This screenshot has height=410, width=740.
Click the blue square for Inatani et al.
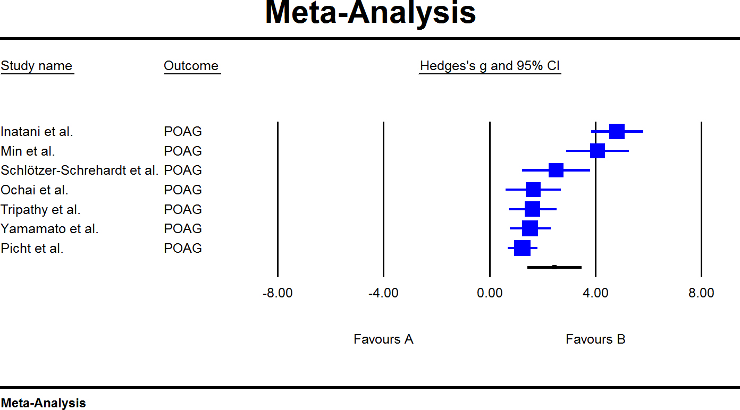pos(617,131)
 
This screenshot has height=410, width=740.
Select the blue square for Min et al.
pos(598,151)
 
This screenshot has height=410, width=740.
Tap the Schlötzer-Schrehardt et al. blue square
pos(556,170)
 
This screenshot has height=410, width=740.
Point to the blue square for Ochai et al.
pos(533,190)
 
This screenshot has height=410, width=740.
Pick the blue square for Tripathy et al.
pos(532,209)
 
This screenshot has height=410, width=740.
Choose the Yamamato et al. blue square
pos(530,228)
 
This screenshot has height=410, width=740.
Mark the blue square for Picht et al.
pos(523,248)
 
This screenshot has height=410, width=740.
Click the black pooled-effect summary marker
pos(554,267)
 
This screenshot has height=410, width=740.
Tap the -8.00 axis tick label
pos(277,293)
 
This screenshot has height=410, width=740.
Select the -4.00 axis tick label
pos(383,293)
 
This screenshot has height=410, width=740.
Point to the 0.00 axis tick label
pos(490,293)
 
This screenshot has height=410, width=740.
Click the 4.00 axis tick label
pos(595,293)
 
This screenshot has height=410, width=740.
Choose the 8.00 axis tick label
pos(701,293)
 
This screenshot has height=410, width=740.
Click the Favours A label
pos(383,339)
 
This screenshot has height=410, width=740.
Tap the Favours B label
pos(595,339)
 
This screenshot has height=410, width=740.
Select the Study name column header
pos(37,66)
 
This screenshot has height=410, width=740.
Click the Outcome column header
pos(191,66)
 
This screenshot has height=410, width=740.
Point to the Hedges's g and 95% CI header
pos(490,66)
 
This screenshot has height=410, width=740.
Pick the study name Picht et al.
pos(32,248)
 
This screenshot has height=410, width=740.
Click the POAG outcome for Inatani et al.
pos(183,132)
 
